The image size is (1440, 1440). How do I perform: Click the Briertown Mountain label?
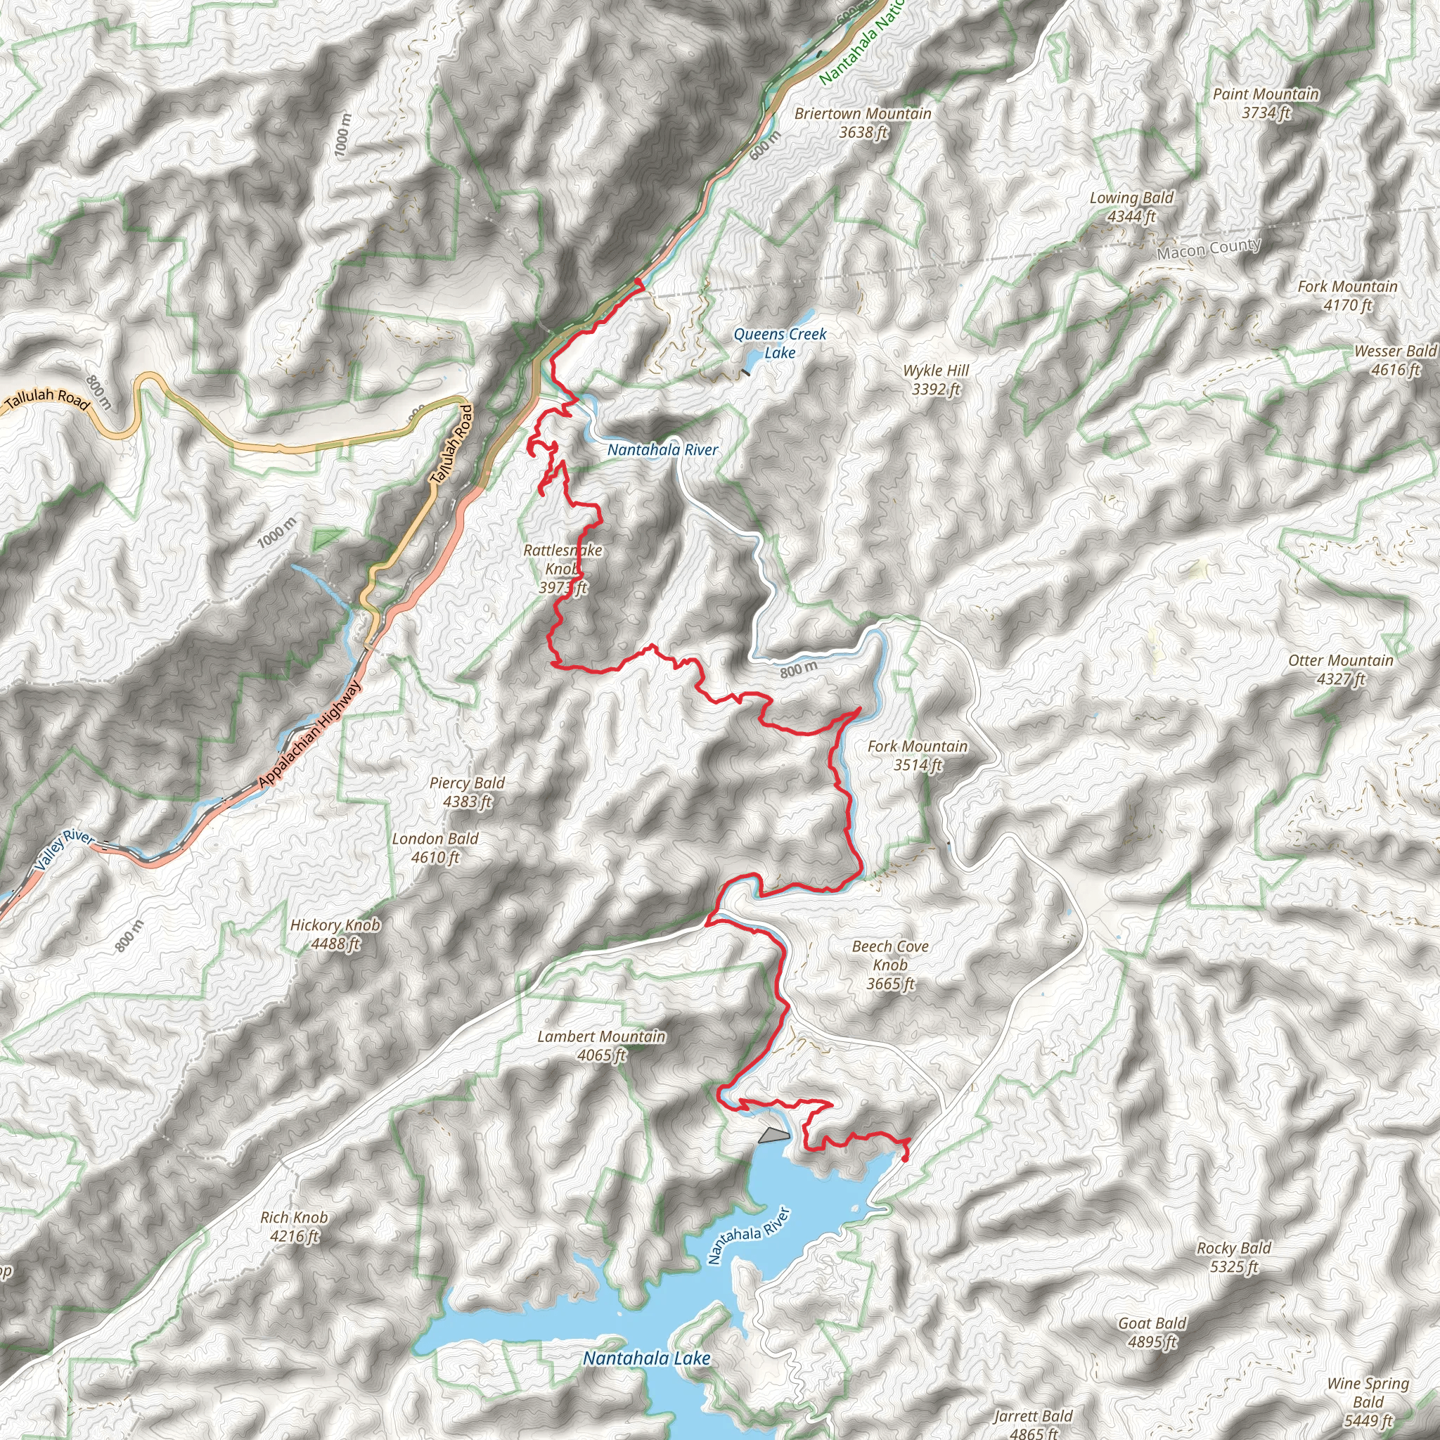click(862, 123)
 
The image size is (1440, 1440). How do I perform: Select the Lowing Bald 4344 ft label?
click(1131, 207)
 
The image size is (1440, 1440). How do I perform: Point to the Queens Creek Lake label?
click(780, 344)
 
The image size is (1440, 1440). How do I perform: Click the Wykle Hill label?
click(935, 380)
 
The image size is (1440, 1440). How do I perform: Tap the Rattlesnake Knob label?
click(562, 569)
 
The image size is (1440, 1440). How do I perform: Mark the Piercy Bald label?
click(468, 792)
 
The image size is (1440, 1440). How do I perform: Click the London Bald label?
click(435, 848)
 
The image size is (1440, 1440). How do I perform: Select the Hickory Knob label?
click(335, 934)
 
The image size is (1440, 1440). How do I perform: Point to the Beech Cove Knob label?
click(890, 965)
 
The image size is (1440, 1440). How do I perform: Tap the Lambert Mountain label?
click(601, 1046)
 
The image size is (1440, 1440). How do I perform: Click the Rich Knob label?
click(294, 1227)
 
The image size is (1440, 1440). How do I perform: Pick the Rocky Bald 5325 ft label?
click(1233, 1257)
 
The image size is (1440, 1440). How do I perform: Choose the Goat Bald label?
click(1152, 1332)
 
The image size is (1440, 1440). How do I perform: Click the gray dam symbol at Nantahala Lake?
click(773, 1135)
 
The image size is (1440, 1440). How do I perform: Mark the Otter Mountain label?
click(1340, 669)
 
